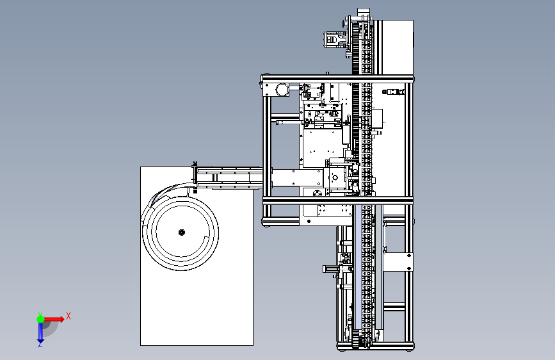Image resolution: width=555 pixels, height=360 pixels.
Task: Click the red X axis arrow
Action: (53, 319)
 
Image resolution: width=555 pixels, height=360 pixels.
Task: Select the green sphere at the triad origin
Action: (40, 319)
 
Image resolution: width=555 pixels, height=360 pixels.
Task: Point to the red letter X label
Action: (68, 316)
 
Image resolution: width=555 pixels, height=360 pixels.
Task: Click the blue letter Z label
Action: (40, 345)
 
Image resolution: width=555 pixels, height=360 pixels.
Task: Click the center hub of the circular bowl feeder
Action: (182, 233)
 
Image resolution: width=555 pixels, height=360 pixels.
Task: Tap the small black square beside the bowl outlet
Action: (195, 192)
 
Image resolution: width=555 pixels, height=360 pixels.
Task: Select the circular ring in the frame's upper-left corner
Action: (282, 89)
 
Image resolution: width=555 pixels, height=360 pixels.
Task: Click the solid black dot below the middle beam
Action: (309, 222)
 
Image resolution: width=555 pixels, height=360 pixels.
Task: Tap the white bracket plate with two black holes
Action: (398, 262)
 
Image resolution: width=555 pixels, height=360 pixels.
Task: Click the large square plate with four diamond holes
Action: (322, 148)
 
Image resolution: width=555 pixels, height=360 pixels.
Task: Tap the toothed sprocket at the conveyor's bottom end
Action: (364, 341)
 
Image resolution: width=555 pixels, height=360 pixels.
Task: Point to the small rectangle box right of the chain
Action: (377, 119)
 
